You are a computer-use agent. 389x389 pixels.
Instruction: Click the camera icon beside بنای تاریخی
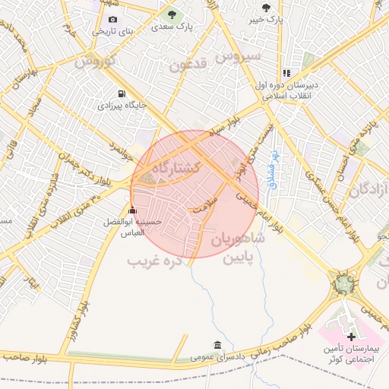click(x=113, y=20)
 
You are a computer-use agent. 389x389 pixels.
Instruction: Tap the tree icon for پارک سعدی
click(x=171, y=14)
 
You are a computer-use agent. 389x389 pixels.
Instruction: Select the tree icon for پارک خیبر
click(x=265, y=8)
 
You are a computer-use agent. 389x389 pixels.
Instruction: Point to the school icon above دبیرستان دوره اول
click(x=286, y=74)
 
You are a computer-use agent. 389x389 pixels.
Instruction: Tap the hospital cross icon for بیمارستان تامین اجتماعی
click(x=351, y=336)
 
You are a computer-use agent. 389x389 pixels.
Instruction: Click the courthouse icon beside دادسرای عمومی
click(x=218, y=344)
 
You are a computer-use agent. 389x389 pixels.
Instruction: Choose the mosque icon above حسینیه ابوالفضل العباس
click(x=133, y=210)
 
